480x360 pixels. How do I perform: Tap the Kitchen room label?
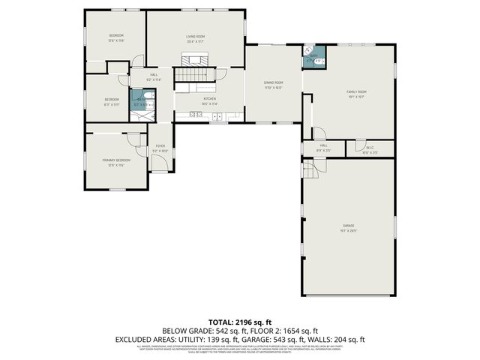coord(210,99)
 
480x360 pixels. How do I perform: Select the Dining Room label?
coord(273,82)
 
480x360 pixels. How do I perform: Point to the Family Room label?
coord(355,92)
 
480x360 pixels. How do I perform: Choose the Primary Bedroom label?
coord(116,160)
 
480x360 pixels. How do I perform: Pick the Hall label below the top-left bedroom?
coord(154,75)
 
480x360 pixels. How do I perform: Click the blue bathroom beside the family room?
coord(313,58)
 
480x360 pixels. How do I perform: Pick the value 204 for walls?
coord(343,340)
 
